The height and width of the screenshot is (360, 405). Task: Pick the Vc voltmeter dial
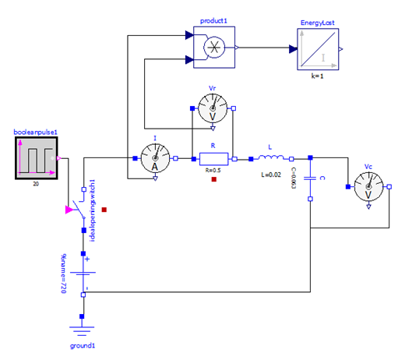(368, 186)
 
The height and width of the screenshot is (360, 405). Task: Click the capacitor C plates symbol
(310, 178)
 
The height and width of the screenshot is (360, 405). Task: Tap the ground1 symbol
(83, 328)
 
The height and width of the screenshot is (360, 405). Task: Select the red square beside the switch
(104, 210)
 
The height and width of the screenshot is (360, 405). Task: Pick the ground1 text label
(83, 344)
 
